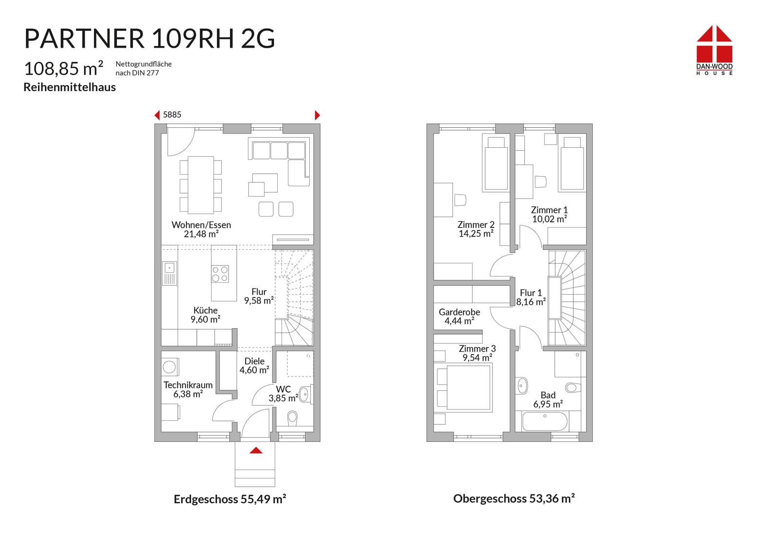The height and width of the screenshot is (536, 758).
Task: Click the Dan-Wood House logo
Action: [714, 50]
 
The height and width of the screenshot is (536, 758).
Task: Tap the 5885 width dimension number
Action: [172, 115]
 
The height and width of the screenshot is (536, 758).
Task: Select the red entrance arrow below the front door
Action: [256, 450]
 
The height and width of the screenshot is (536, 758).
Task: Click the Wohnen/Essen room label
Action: [201, 225]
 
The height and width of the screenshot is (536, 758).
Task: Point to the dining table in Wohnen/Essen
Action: [201, 185]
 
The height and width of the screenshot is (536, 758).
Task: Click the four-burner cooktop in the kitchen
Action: [220, 274]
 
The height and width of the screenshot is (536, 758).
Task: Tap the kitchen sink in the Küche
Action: [169, 273]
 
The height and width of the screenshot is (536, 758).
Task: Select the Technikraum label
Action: [188, 385]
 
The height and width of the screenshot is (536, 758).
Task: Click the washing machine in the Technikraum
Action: [170, 367]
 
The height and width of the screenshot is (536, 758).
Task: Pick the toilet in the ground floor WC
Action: [292, 418]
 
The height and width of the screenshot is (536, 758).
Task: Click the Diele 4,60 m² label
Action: [254, 366]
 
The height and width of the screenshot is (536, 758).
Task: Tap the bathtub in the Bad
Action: [545, 421]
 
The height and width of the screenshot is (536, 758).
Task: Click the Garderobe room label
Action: [459, 312]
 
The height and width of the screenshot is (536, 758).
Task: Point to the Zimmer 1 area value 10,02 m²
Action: [550, 219]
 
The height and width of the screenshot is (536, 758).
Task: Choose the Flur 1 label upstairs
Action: [531, 293]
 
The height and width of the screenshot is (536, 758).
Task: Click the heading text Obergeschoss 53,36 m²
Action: [513, 498]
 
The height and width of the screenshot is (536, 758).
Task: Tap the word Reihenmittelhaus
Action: [70, 87]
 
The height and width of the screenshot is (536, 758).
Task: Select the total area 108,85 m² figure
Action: [64, 68]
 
